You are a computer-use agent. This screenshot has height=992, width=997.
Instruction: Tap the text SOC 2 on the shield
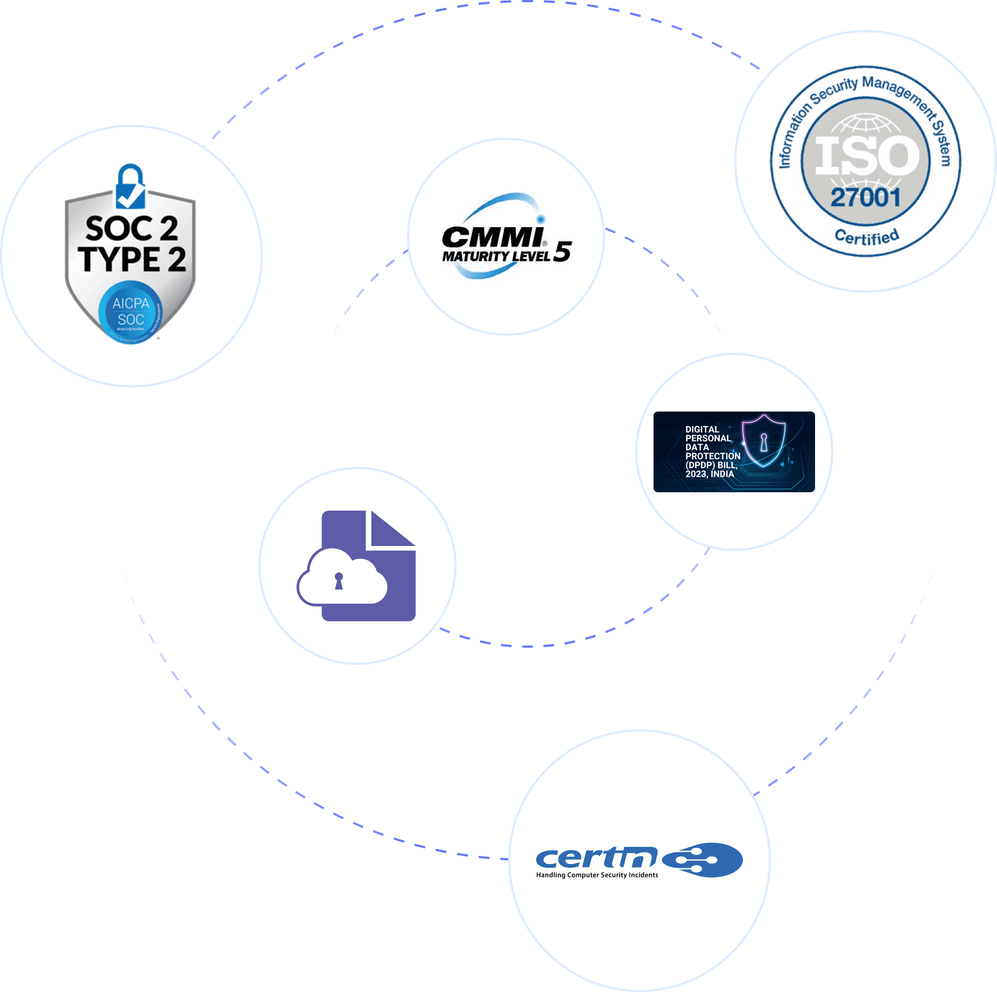pyautogui.click(x=131, y=229)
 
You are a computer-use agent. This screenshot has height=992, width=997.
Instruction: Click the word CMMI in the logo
pyautogui.click(x=492, y=238)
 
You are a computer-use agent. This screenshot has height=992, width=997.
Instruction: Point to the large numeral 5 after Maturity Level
pyautogui.click(x=562, y=251)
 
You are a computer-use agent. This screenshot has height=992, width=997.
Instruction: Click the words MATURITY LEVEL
pyautogui.click(x=496, y=257)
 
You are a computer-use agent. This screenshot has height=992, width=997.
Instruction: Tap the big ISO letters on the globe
pyautogui.click(x=866, y=156)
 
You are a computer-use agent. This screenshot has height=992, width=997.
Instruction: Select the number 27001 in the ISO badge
pyautogui.click(x=866, y=198)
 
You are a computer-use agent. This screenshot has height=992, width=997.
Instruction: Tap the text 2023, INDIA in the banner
pyautogui.click(x=710, y=474)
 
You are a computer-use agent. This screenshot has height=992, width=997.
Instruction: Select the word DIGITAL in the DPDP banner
pyautogui.click(x=702, y=429)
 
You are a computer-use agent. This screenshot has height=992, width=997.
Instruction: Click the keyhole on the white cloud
pyautogui.click(x=339, y=581)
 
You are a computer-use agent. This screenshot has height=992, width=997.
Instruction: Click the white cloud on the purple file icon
pyautogui.click(x=342, y=578)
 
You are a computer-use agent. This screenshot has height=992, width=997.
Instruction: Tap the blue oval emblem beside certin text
pyautogui.click(x=703, y=860)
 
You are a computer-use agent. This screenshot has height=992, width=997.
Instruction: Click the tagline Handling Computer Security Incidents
pyautogui.click(x=596, y=875)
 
